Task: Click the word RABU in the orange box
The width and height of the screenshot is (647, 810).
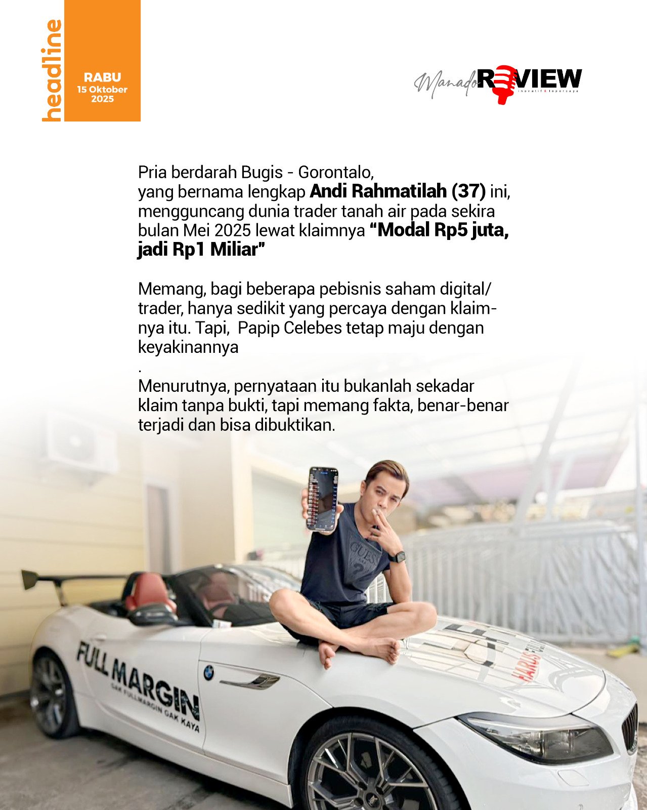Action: click(102, 77)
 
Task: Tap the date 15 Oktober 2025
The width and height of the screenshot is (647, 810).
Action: click(102, 94)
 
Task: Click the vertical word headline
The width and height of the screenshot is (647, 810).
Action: click(52, 70)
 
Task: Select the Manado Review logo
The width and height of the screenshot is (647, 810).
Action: click(498, 83)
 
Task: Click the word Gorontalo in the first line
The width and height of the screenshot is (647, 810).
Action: click(336, 172)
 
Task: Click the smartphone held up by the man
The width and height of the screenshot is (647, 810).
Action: click(323, 499)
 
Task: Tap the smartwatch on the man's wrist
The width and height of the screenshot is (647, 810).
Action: click(399, 557)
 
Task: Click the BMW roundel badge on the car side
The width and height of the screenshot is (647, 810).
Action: click(208, 673)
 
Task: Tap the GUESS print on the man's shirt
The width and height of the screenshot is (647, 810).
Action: click(361, 550)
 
